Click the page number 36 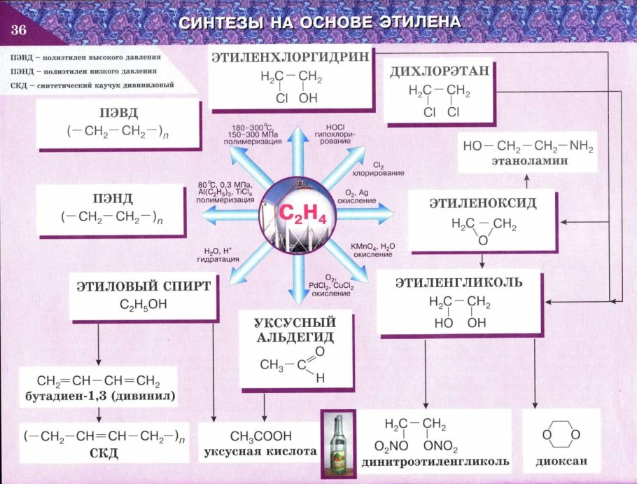pyautogui.click(x=18, y=29)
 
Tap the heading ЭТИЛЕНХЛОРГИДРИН pyautogui.click(x=289, y=57)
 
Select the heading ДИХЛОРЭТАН pyautogui.click(x=431, y=71)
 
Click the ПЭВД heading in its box pyautogui.click(x=114, y=114)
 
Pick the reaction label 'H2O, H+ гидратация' pyautogui.click(x=222, y=255)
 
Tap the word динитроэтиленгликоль pyautogui.click(x=435, y=463)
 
